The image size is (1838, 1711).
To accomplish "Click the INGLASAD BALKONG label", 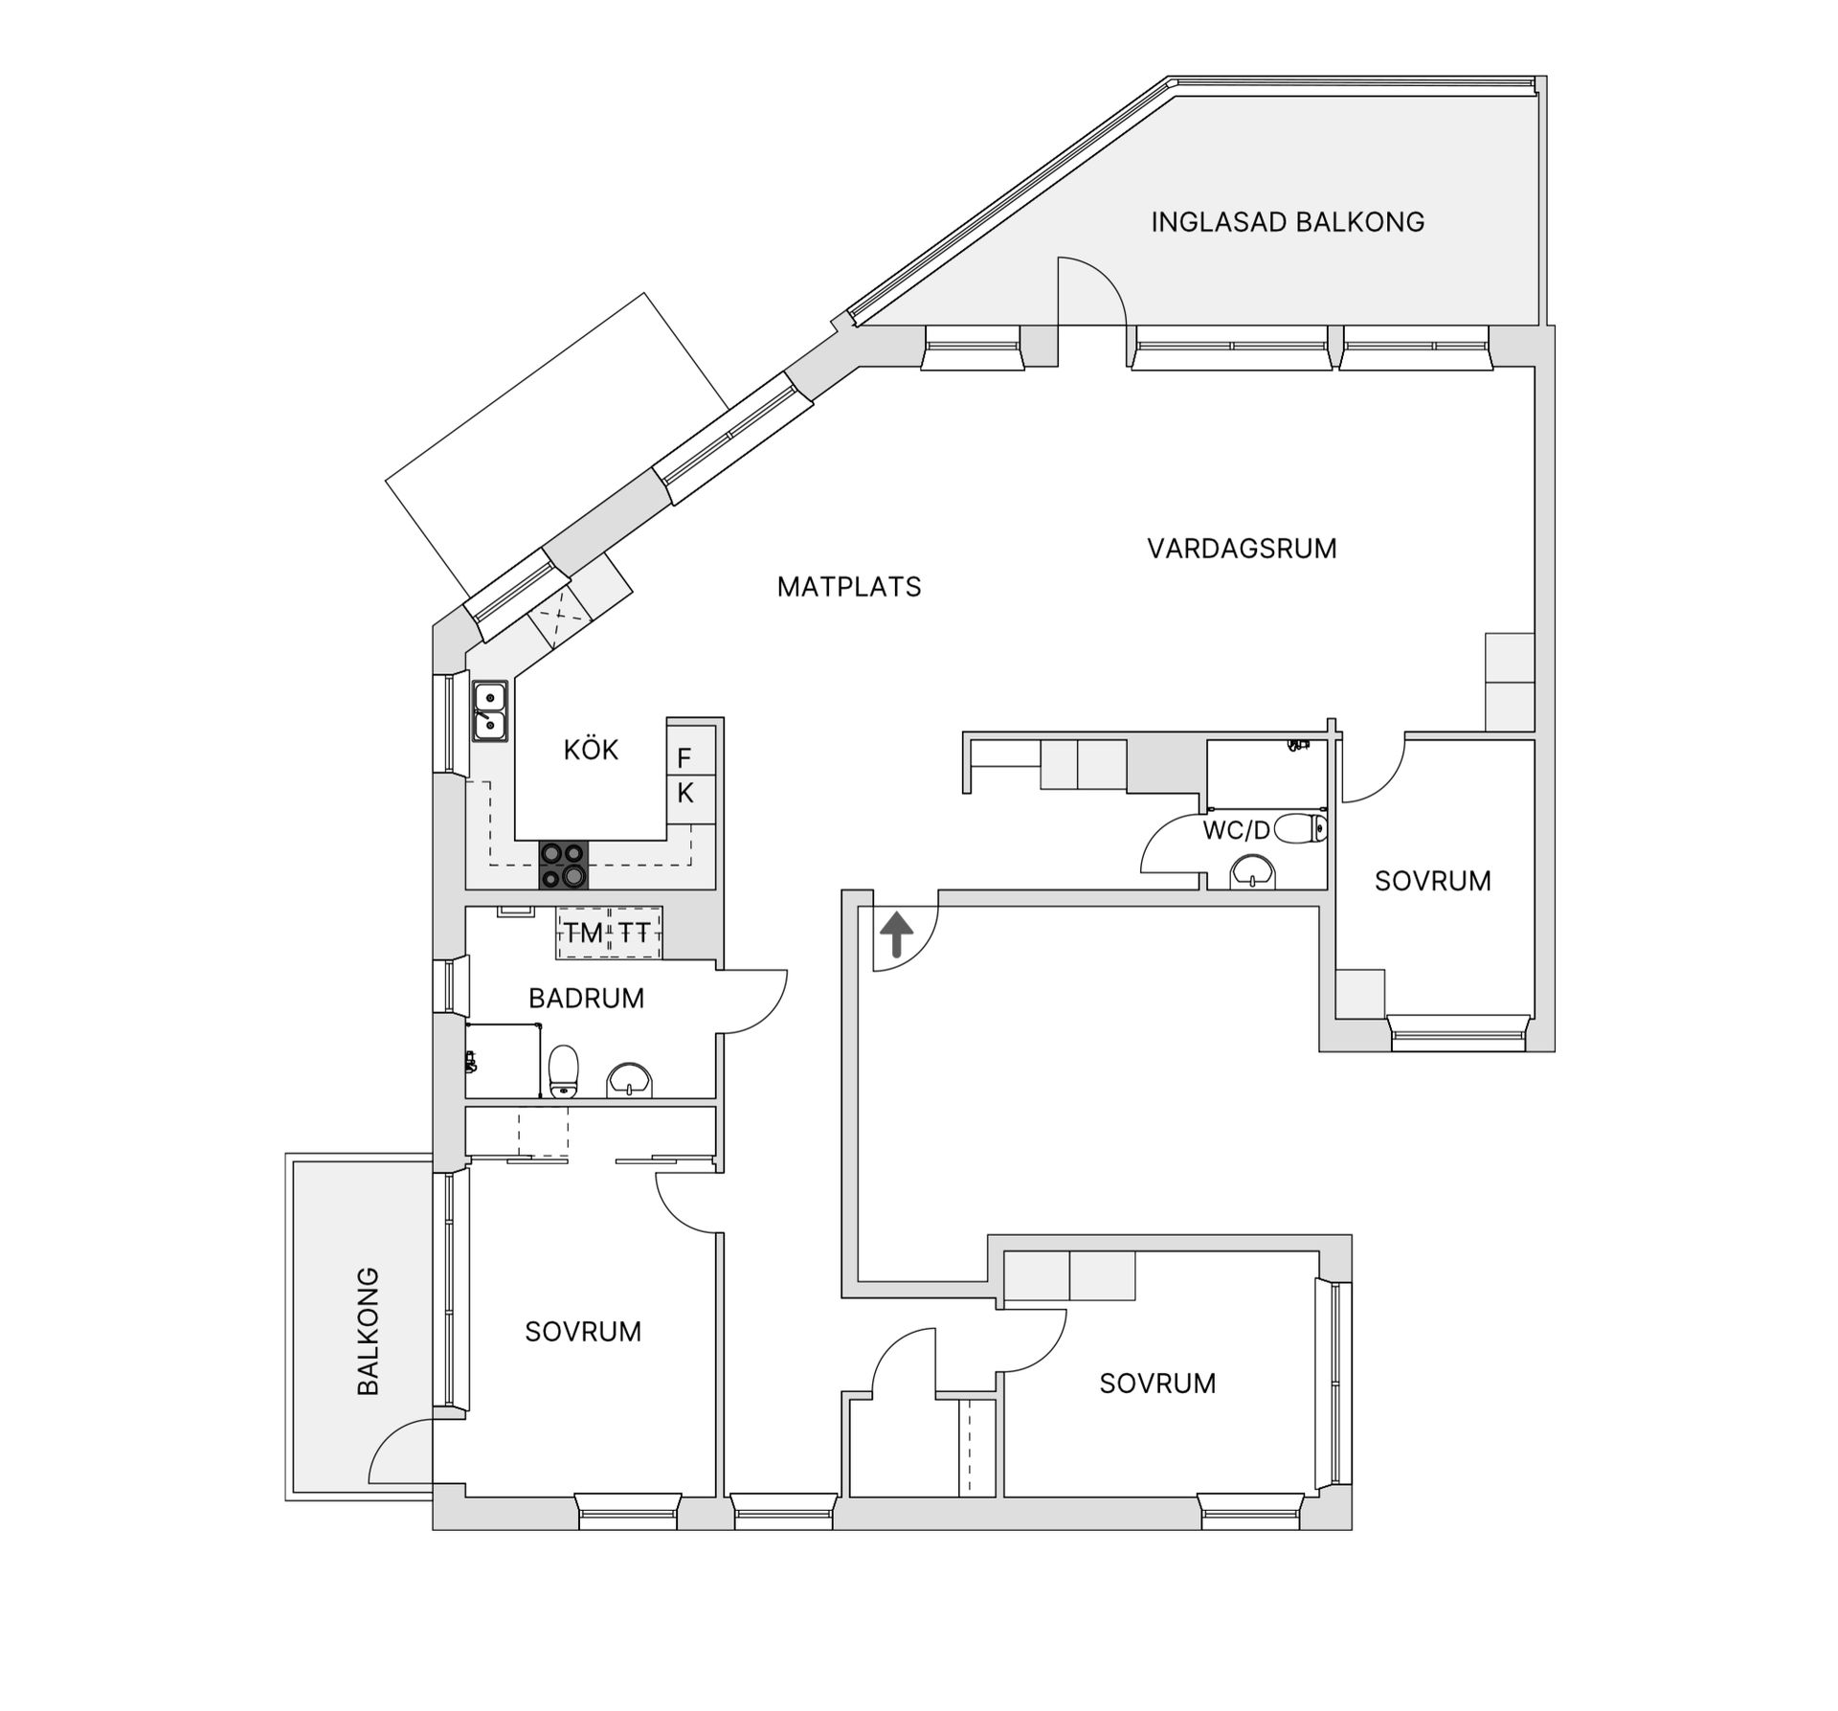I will tap(1287, 222).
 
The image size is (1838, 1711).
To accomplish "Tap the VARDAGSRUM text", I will tap(1242, 549).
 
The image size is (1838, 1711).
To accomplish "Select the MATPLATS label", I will tap(848, 587).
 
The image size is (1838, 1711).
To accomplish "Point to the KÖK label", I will tap(591, 750).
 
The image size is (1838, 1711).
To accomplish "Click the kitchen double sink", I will tap(489, 711).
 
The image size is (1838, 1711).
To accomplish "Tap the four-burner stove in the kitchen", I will tap(563, 865).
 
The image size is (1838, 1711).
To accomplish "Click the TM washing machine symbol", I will tap(583, 933).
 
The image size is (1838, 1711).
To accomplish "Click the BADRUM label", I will tap(586, 999).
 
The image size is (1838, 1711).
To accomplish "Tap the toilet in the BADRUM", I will tap(564, 1070).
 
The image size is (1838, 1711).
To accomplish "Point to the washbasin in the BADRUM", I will tap(630, 1079).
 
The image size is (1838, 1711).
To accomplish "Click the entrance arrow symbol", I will tap(896, 934).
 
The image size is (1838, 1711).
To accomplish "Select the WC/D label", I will tap(1236, 830).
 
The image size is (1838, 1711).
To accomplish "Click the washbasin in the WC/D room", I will tap(1252, 872).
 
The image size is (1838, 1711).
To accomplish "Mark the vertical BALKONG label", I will tap(369, 1331).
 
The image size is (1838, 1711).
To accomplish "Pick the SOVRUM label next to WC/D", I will tap(1432, 881).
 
